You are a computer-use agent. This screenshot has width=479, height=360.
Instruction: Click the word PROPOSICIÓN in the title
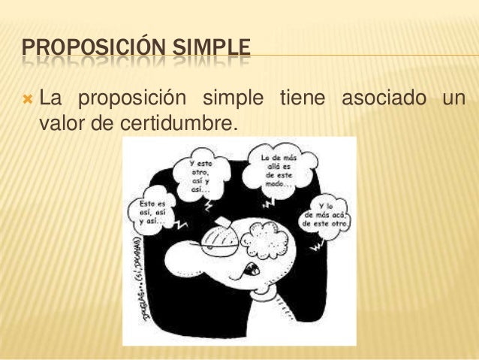click(x=84, y=52)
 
